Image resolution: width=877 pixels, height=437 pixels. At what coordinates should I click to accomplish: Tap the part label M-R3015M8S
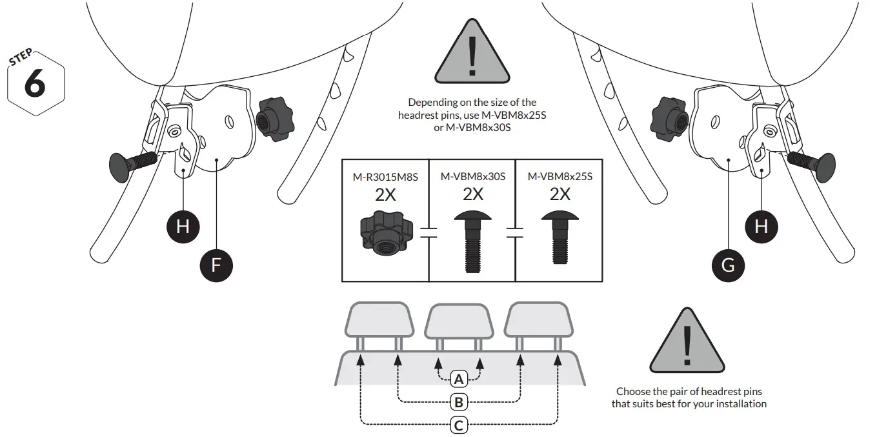click(385, 176)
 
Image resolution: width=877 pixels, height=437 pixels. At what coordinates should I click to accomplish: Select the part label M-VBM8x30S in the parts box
click(472, 176)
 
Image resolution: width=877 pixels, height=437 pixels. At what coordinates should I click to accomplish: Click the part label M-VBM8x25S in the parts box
click(559, 176)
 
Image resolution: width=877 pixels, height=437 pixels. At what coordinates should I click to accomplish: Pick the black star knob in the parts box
click(385, 235)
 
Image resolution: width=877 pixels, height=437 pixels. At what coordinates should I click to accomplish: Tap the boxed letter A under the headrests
click(458, 378)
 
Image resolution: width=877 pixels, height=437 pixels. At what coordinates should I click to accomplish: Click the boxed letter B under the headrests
click(458, 403)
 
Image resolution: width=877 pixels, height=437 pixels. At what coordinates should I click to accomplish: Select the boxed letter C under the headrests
click(458, 425)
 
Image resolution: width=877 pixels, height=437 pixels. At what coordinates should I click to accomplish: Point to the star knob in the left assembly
click(274, 119)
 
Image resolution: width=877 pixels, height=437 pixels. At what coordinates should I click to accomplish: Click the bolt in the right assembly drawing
click(811, 165)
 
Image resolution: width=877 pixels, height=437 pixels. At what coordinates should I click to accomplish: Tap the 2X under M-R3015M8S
click(385, 194)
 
